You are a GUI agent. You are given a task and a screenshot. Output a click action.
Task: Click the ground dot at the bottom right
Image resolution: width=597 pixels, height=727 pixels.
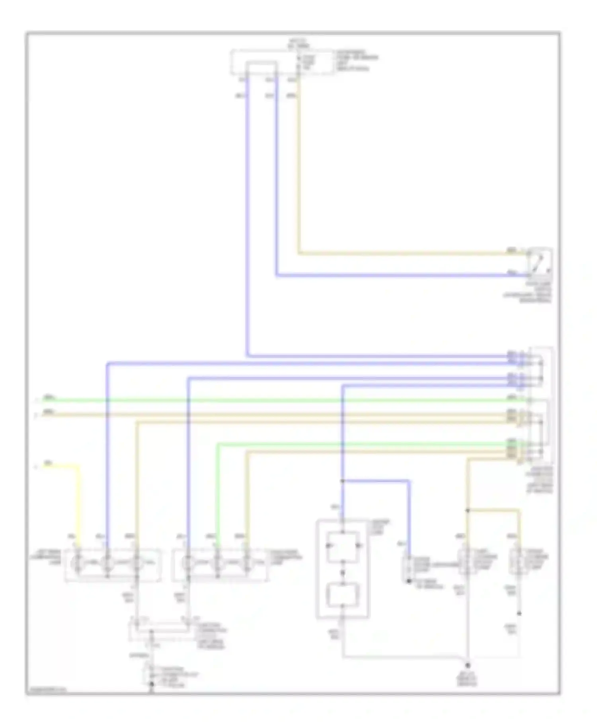click(468, 665)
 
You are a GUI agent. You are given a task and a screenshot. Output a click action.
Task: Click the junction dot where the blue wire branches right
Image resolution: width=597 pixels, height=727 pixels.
click(343, 481)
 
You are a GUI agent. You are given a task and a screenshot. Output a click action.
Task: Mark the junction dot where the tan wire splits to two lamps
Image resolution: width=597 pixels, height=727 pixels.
click(468, 510)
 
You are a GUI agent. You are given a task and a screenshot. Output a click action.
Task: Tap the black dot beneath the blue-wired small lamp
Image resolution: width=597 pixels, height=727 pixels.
click(409, 581)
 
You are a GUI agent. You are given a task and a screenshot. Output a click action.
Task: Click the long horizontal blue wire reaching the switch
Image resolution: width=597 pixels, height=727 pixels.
click(398, 275)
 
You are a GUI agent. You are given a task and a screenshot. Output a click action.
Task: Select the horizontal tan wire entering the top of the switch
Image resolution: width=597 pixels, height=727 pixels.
click(398, 253)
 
